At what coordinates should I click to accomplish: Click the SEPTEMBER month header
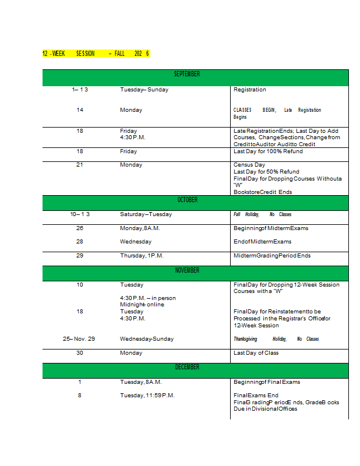(x=187, y=74)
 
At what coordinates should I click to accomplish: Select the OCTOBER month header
(x=187, y=200)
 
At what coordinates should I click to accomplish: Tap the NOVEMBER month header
(x=187, y=270)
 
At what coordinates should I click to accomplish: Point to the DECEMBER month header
(x=187, y=367)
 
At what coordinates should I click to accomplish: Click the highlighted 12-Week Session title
(x=96, y=54)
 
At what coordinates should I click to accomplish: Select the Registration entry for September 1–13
(x=249, y=90)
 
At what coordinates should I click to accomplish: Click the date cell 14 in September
(x=80, y=110)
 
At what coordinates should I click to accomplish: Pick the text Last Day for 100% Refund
(x=268, y=151)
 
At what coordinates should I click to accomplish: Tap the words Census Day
(x=249, y=165)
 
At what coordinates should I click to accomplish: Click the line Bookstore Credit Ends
(x=263, y=192)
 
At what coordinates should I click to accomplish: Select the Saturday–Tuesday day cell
(x=146, y=214)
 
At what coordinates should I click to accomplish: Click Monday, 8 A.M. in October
(x=140, y=228)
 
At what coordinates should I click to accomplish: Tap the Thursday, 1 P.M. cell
(x=142, y=255)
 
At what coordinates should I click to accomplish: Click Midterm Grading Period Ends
(x=272, y=255)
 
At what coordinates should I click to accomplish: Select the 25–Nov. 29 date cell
(x=79, y=339)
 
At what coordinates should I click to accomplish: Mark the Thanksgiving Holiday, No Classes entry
(x=276, y=339)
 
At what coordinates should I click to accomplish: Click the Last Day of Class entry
(x=256, y=352)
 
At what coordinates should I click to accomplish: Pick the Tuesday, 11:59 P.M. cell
(x=147, y=396)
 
